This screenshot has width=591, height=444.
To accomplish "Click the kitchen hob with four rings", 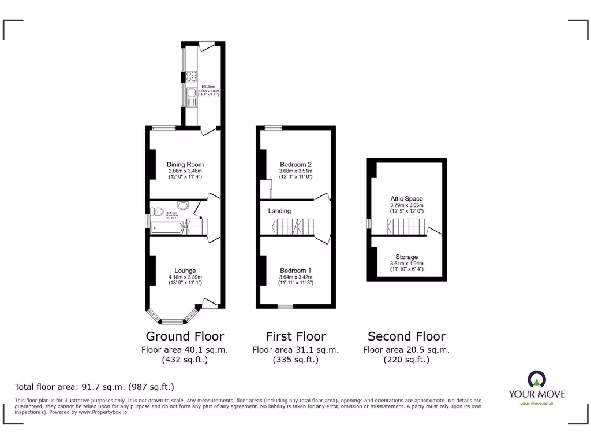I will [191, 77].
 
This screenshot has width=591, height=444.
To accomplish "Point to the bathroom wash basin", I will [183, 205].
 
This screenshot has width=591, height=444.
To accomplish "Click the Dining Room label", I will [185, 164].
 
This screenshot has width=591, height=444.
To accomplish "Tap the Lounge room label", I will [185, 271].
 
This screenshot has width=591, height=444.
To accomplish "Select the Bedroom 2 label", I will [295, 164].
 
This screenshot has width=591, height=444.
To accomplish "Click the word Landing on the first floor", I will [279, 211].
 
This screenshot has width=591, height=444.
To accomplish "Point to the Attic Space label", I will [406, 199].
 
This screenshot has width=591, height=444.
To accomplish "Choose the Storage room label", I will [406, 257].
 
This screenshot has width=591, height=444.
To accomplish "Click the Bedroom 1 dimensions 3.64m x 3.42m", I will [295, 277].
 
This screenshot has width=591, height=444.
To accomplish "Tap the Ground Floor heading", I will [185, 336].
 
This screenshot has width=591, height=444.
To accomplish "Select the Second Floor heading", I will [406, 336].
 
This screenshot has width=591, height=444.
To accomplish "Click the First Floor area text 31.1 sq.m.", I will [295, 350].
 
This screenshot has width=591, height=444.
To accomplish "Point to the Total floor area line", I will [94, 387].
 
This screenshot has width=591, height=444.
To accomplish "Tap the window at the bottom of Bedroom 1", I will [285, 305].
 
